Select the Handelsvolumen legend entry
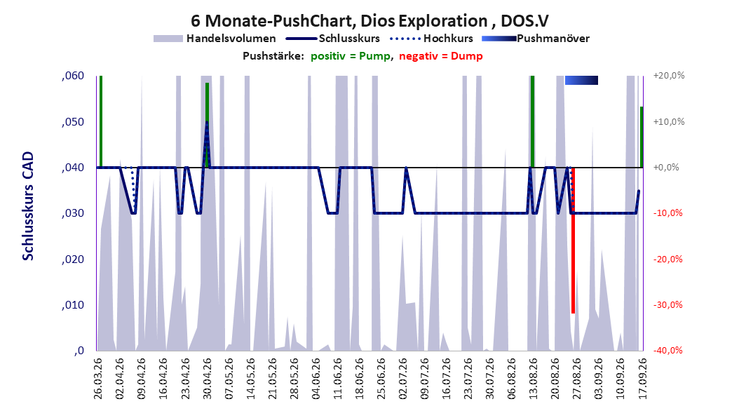215,39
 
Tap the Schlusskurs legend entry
333,39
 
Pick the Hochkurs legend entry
432,39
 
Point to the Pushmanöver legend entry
536,39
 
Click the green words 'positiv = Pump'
351,56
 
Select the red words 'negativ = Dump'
441,56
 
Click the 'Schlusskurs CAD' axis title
28,205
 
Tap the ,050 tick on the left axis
73,121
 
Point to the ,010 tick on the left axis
73,305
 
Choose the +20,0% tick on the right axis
669,76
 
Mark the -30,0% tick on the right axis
667,305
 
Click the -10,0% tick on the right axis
667,213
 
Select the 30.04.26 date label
207,379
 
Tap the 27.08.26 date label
576,379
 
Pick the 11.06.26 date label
337,379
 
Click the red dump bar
573,241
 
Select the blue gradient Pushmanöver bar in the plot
581,80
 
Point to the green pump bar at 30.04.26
207,125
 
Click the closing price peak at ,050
207,122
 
